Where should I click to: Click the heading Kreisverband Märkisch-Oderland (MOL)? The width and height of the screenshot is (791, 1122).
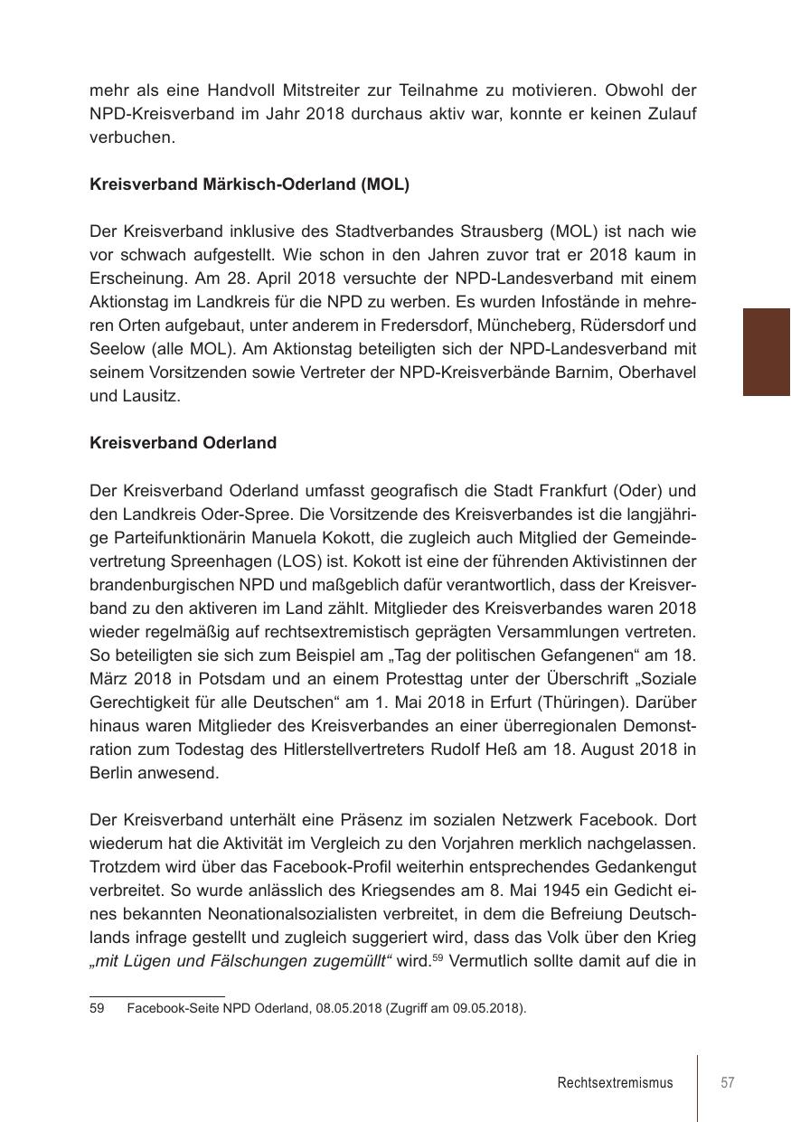pos(250,184)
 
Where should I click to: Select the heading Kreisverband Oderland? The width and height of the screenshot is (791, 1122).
pos(184,443)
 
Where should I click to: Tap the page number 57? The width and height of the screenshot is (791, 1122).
pos(728,1082)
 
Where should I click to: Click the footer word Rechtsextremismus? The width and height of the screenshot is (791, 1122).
pos(615,1082)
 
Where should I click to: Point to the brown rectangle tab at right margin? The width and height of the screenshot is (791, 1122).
pos(767,352)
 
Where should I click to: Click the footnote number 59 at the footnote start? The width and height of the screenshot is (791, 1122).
pos(98,1008)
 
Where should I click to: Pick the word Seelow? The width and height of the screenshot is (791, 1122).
pos(115,349)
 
